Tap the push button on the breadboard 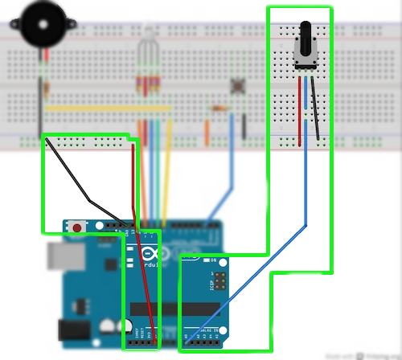tap(238, 84)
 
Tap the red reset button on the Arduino tap(76, 227)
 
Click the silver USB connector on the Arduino tap(60, 256)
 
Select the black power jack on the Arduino tap(75, 329)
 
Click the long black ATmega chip tap(173, 309)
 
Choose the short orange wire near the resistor tap(207, 129)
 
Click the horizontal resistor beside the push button tap(218, 107)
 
